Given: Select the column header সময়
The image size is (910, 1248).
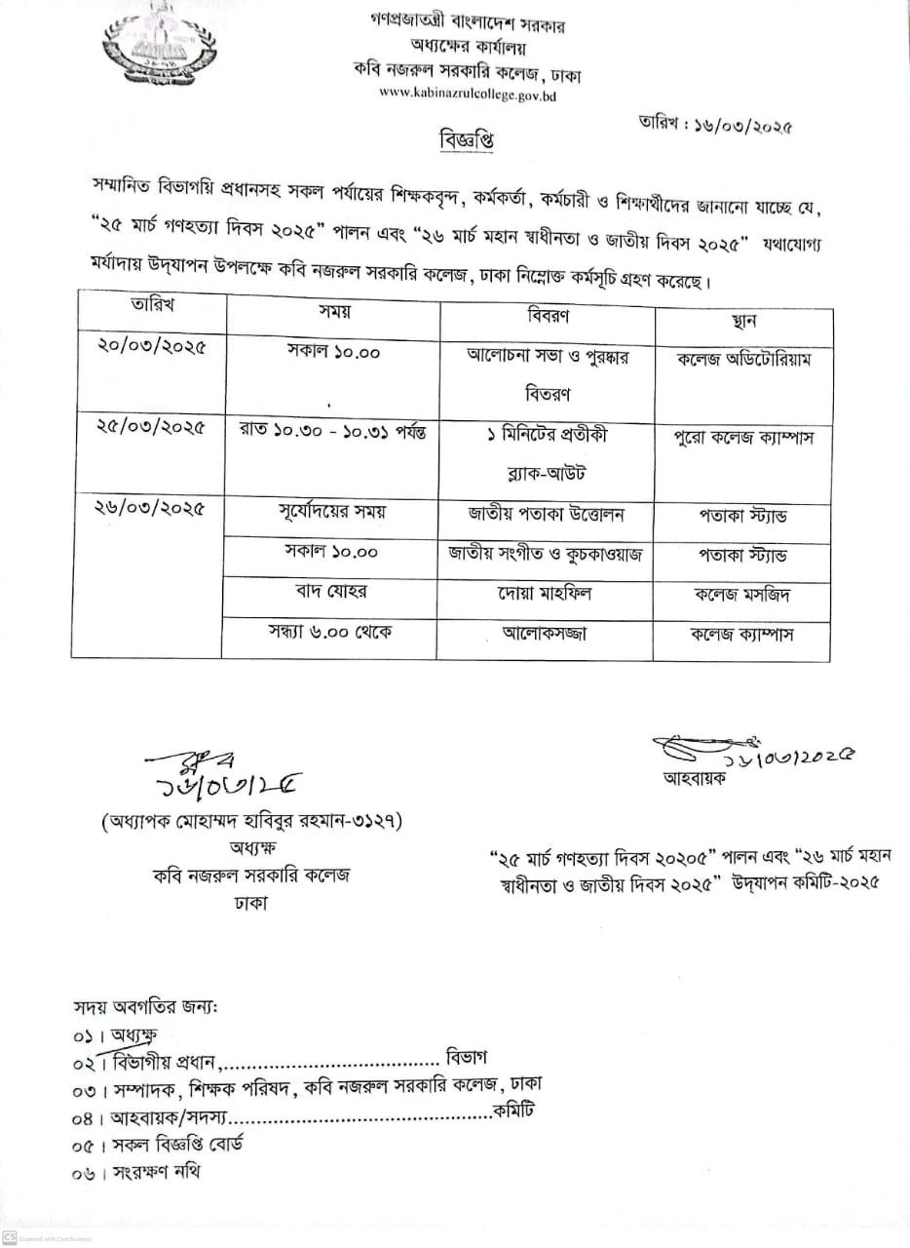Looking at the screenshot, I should click(x=334, y=313).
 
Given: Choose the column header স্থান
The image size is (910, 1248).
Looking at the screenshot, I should click(x=742, y=321).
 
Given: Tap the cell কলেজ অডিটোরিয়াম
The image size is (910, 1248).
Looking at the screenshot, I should click(x=744, y=358).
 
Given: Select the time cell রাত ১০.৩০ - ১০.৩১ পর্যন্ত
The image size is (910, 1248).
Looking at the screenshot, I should click(x=332, y=430).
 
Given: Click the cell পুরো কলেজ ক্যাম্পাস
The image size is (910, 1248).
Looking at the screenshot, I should click(x=744, y=437).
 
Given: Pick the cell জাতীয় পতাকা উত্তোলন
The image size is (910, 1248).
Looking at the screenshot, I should click(x=547, y=513).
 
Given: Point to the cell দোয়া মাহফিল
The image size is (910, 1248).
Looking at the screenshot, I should click(x=547, y=592).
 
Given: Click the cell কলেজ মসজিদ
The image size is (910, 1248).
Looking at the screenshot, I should click(x=744, y=593).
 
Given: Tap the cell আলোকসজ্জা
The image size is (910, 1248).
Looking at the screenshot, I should click(x=547, y=633).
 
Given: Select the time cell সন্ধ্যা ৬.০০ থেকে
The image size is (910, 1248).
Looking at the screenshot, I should click(x=331, y=631).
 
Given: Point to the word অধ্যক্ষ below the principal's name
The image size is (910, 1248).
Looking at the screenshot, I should click(x=251, y=846).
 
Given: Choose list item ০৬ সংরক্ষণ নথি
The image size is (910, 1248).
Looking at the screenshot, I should click(x=136, y=1172).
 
